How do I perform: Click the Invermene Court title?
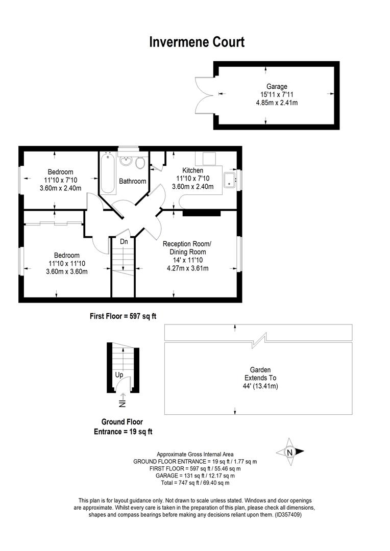197,42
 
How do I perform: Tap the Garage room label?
277,86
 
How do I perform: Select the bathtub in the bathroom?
108,173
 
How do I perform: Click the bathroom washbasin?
126,161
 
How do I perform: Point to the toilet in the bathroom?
140,163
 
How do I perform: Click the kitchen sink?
230,180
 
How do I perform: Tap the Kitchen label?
193,170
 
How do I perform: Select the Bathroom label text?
133,181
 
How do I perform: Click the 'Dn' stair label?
124,242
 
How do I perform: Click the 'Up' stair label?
119,375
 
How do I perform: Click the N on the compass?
289,453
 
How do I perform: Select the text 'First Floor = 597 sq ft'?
123,316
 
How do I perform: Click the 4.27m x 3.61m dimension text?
188,268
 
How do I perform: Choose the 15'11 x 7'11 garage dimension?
277,94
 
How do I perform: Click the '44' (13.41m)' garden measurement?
260,386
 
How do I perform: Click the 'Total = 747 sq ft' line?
195,483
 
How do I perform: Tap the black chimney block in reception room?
202,213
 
